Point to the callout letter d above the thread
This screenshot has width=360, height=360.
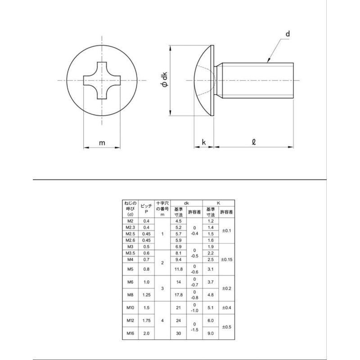287,34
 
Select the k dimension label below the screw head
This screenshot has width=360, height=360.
204,143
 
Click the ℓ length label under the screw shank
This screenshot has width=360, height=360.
254,143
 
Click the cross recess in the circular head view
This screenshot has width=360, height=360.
103,81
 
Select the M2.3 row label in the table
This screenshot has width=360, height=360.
130,228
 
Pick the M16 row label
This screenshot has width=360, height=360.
130,333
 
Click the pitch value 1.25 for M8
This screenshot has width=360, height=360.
146,295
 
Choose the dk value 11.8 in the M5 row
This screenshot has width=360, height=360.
178,270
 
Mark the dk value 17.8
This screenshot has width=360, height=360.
178,295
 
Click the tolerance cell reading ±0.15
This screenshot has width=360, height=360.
227,260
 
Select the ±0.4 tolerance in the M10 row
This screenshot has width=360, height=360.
227,308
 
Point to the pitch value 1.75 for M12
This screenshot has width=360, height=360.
146,321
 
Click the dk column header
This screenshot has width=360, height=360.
186,203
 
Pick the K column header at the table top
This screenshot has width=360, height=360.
219,203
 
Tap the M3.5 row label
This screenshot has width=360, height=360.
130,253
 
